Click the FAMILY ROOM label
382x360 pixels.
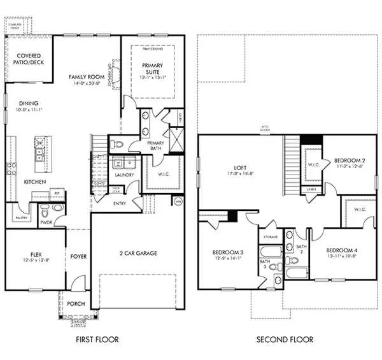point(87,76)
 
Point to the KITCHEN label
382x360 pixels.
point(35,182)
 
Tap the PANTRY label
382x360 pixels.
point(18,218)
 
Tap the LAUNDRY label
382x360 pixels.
point(123,175)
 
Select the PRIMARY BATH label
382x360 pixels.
point(155,147)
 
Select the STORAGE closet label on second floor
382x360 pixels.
point(269,237)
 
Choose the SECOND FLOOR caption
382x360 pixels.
point(285,339)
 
